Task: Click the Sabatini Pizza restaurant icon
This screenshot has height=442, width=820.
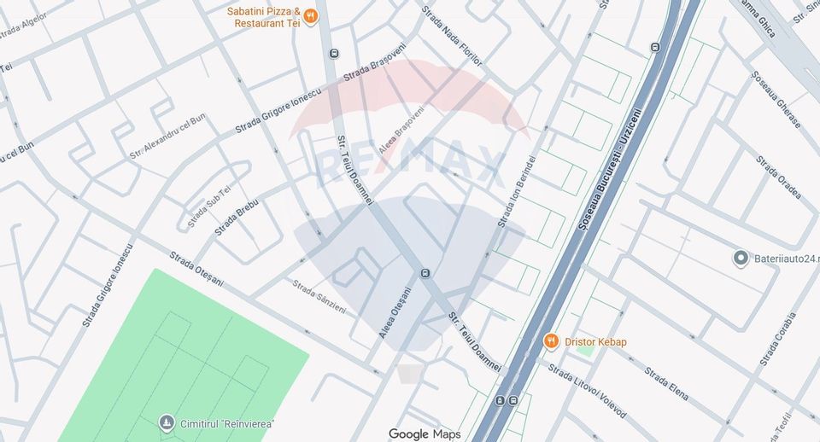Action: point(311,15)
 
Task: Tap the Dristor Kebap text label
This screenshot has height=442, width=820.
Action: point(595,342)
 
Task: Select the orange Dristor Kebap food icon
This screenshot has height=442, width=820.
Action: point(552,341)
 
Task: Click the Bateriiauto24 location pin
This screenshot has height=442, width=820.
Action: point(741,258)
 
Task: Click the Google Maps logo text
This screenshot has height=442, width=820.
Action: point(425,434)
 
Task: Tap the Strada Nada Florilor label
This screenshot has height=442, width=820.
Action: point(452,37)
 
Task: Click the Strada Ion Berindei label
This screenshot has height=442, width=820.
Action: point(517,189)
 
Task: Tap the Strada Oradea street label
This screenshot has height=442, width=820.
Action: point(778,177)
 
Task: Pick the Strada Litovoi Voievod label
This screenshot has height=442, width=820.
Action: point(587,392)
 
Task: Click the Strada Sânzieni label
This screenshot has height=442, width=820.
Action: point(319,296)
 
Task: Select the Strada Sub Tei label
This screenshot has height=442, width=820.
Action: point(209,206)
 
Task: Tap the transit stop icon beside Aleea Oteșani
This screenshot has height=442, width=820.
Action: point(425,273)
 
